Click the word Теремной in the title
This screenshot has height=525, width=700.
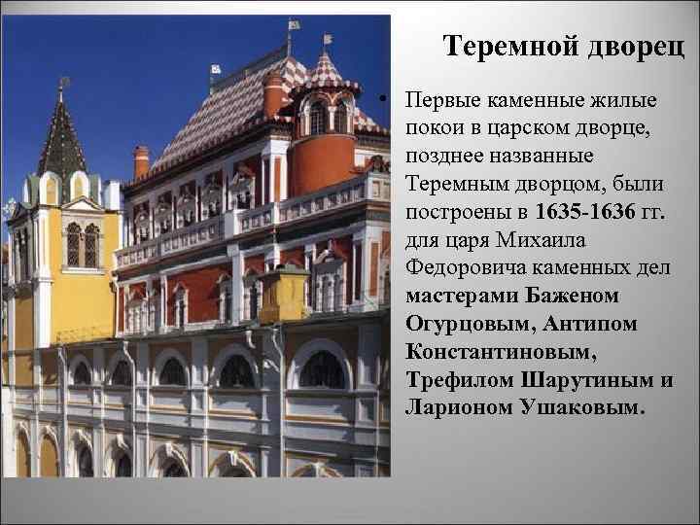pos(506,47)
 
